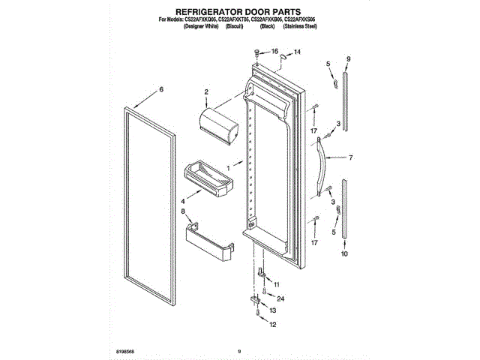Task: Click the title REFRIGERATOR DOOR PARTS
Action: pos(238,13)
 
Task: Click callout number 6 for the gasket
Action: pos(160,89)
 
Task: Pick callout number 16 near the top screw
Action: pos(274,52)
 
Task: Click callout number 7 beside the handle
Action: pos(350,157)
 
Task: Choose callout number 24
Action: pos(280,298)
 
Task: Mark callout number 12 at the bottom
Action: pos(273,325)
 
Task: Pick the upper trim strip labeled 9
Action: pos(346,100)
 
